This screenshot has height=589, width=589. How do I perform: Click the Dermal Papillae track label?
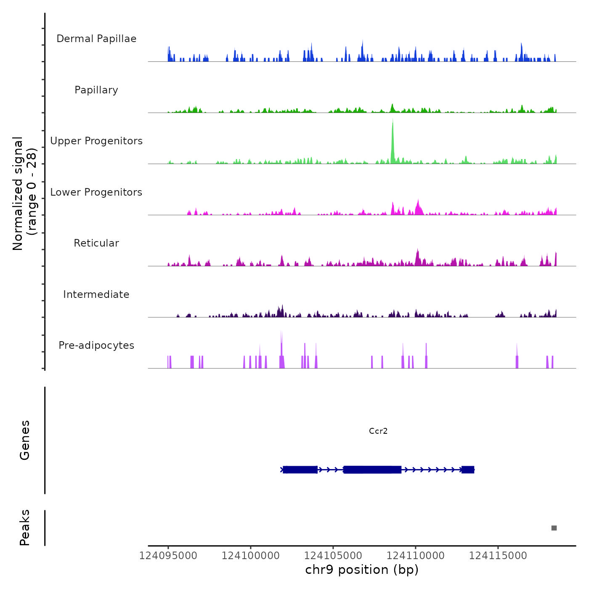click(x=96, y=39)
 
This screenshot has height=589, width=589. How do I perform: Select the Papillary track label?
click(x=96, y=90)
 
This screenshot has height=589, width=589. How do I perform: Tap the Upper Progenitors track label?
click(x=96, y=141)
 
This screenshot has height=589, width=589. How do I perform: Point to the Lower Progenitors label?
click(x=96, y=192)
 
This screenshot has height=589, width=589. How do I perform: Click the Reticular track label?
click(x=96, y=243)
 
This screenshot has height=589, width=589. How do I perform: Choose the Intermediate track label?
click(x=96, y=294)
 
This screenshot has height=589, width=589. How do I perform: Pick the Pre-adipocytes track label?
click(x=96, y=345)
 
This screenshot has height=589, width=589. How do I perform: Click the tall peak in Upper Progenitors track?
click(x=393, y=139)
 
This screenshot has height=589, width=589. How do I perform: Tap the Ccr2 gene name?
click(x=378, y=431)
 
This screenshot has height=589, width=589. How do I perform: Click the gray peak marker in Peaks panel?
click(x=554, y=528)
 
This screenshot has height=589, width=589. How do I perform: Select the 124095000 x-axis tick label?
click(x=168, y=556)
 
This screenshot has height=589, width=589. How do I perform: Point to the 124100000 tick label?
click(x=250, y=556)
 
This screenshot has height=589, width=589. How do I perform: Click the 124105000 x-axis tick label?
click(x=333, y=556)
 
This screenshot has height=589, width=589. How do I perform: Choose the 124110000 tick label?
click(x=415, y=556)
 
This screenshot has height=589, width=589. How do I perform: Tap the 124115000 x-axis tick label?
click(x=498, y=556)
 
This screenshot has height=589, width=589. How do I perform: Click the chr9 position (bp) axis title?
click(x=362, y=570)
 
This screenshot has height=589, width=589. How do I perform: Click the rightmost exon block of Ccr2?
click(x=468, y=470)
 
